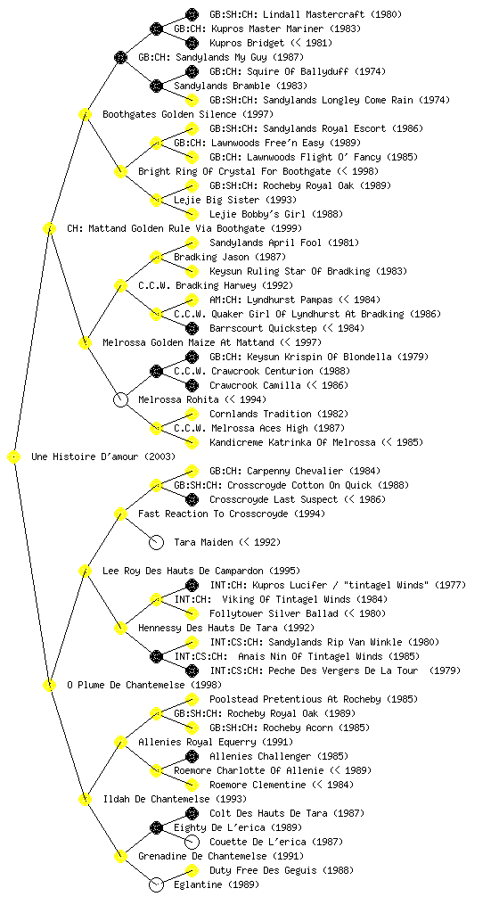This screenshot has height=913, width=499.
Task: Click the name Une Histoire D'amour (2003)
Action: pyautogui.click(x=103, y=457)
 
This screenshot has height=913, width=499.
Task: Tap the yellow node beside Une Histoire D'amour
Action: pyautogui.click(x=14, y=457)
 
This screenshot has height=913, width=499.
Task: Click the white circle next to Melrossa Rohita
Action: pyautogui.click(x=120, y=400)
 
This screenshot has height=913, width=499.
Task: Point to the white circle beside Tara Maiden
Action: pyautogui.click(x=156, y=543)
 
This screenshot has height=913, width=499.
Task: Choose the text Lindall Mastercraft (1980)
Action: pyautogui.click(x=306, y=14)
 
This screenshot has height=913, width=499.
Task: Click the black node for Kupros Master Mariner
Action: pyautogui.click(x=156, y=29)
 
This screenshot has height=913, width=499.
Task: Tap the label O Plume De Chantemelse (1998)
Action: pyautogui.click(x=143, y=686)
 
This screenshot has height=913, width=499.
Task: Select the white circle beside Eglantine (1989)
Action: pyautogui.click(x=156, y=885)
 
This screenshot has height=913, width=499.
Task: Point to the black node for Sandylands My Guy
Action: pyautogui.click(x=120, y=57)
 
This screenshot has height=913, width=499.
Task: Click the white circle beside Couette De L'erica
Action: pyautogui.click(x=192, y=842)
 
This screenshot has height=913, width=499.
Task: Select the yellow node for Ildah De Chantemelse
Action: pyautogui.click(x=85, y=800)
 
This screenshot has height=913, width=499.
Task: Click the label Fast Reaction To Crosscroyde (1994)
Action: pyautogui.click(x=232, y=514)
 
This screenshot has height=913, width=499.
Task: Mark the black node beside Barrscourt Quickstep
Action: pyautogui.click(x=192, y=328)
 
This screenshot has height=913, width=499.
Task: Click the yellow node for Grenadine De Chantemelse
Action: pyautogui.click(x=120, y=857)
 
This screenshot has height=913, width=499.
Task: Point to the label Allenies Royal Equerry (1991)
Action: pyautogui.click(x=215, y=743)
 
